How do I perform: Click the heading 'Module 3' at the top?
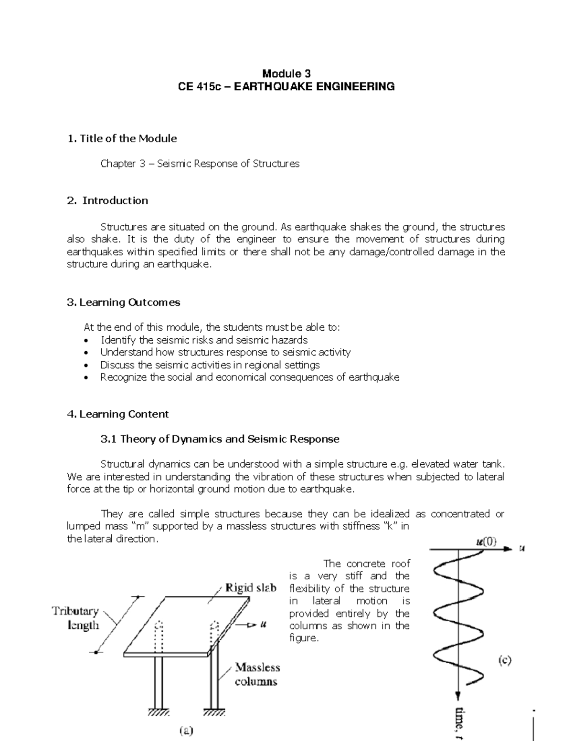point(286,73)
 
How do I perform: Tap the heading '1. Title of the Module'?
point(122,138)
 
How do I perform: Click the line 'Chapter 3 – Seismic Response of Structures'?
point(200,164)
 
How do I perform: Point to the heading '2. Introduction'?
point(108,200)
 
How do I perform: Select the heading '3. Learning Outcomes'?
point(124,302)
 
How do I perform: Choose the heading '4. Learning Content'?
point(118,414)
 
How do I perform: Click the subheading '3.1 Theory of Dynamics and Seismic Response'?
point(220,439)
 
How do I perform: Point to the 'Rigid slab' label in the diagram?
point(250,588)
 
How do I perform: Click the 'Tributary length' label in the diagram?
point(75,618)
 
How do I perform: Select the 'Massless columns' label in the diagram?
point(257,674)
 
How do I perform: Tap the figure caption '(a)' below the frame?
point(186,730)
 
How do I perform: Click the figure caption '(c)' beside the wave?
point(505,660)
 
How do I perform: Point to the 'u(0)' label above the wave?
point(486,542)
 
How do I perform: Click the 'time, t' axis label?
point(461,723)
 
